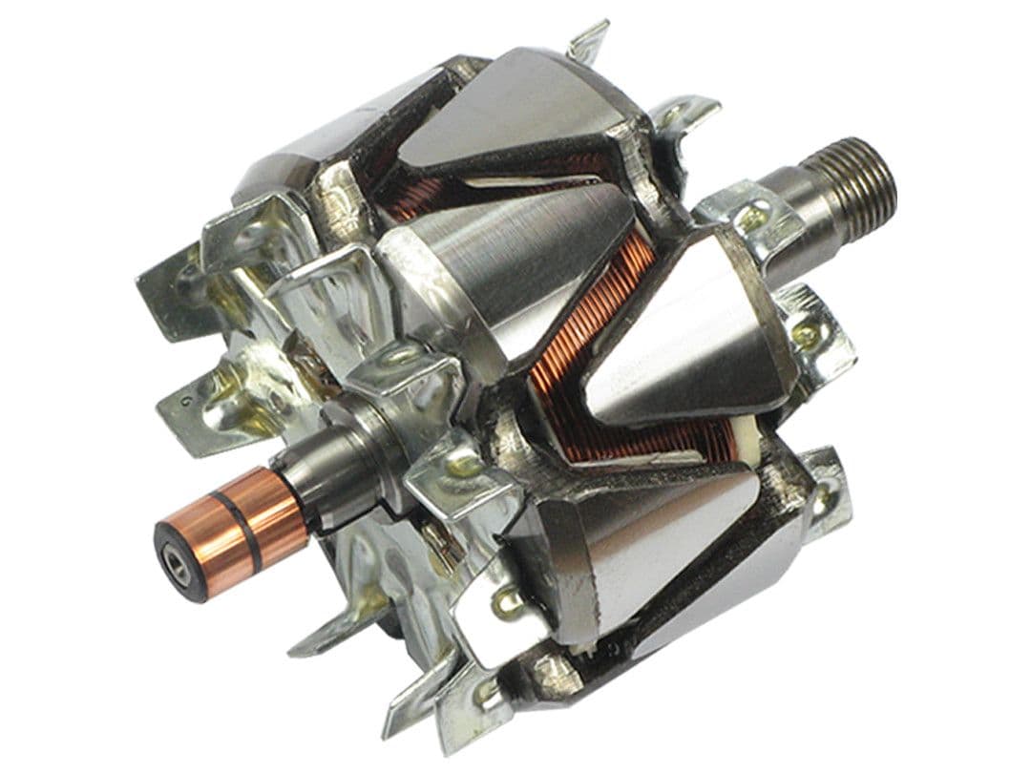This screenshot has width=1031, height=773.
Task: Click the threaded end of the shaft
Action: [x=859, y=180]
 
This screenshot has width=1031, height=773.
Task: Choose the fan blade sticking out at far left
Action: [x=167, y=286]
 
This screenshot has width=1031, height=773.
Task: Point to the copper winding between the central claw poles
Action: [x=573, y=363]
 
